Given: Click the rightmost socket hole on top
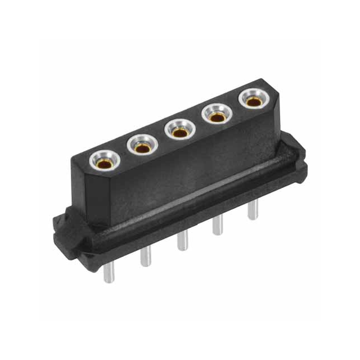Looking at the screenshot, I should [251, 101].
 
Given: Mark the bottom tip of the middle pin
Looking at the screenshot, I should [183, 250].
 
